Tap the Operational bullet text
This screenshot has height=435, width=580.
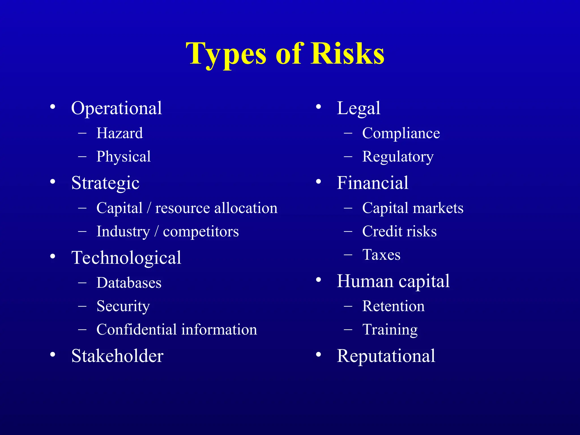116,108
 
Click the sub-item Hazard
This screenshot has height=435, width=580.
120,133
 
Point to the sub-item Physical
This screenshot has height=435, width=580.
123,157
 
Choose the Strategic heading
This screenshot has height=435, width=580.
105,183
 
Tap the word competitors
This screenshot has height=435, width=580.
201,231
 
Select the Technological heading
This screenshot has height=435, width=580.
126,258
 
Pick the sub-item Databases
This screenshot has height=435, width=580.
129,283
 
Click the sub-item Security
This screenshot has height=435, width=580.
123,306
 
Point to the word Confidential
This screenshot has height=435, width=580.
137,330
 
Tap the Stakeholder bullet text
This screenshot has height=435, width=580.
117,356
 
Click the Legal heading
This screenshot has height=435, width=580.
358,108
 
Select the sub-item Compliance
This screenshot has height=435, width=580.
401,133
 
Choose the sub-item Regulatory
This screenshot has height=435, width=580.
398,157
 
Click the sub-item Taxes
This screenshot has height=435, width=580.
381,255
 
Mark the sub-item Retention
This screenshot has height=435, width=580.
393,306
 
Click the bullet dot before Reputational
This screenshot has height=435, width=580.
319,355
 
